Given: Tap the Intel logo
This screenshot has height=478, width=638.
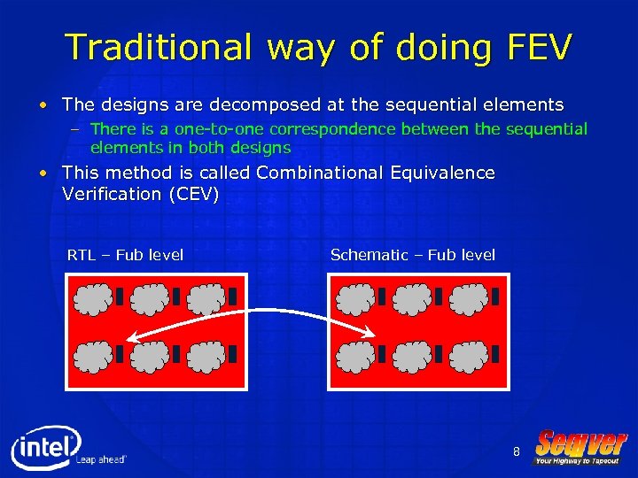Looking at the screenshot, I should (46, 446).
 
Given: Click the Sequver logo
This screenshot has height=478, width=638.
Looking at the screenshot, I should (580, 447).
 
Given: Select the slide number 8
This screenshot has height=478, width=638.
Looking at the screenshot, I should (517, 452).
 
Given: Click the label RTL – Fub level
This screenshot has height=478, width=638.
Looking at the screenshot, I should (125, 255).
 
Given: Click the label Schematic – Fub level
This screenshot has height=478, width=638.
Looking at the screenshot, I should (412, 255).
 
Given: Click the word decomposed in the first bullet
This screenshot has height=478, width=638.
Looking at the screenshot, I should (254, 105).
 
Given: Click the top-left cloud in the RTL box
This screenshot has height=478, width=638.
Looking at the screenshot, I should (92, 299).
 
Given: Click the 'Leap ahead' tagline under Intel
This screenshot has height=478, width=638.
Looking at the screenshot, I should (101, 460).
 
